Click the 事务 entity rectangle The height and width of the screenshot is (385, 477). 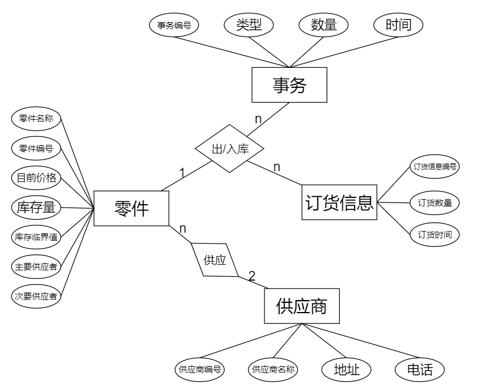point(290,86)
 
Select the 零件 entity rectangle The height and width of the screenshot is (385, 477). point(132,208)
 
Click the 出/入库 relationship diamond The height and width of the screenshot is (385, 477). point(230,149)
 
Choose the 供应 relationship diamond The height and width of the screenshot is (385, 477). point(214,261)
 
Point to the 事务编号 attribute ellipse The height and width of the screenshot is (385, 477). point(174,25)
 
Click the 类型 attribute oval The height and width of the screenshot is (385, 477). point(248,25)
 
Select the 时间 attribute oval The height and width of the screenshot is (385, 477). point(398,25)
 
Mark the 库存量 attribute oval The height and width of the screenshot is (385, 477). point(36,207)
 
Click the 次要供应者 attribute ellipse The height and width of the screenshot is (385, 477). point(36,296)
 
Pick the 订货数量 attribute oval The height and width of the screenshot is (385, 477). point(435,202)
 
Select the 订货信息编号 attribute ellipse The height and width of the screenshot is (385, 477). point(435,167)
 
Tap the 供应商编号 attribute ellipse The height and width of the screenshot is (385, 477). point(199,369)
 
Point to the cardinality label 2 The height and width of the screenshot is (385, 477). point(252,275)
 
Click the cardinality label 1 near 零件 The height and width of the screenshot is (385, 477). point(182,172)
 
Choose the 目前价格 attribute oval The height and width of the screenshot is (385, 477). point(36,177)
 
